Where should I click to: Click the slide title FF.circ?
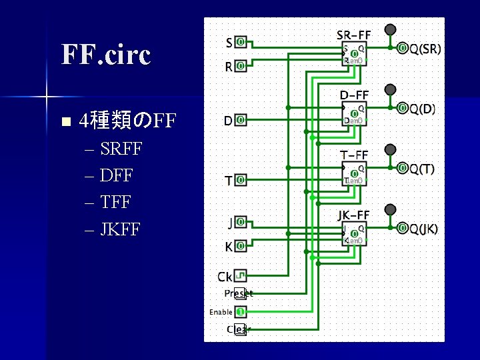[106, 55]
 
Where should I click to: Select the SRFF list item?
[121, 149]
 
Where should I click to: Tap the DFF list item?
[116, 176]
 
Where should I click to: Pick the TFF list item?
[115, 203]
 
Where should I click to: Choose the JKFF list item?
[120, 230]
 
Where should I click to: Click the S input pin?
[241, 42]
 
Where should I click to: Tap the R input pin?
[241, 66]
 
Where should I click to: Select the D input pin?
[241, 120]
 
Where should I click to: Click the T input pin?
[241, 180]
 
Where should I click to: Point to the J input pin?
[241, 221]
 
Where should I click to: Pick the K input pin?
[241, 245]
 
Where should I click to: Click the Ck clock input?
[241, 275]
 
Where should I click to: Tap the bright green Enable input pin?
[241, 311]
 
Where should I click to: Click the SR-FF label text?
[353, 35]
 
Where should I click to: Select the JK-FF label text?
[353, 215]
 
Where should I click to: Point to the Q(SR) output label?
[425, 49]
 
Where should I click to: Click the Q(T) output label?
[422, 169]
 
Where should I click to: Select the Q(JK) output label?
[423, 229]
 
